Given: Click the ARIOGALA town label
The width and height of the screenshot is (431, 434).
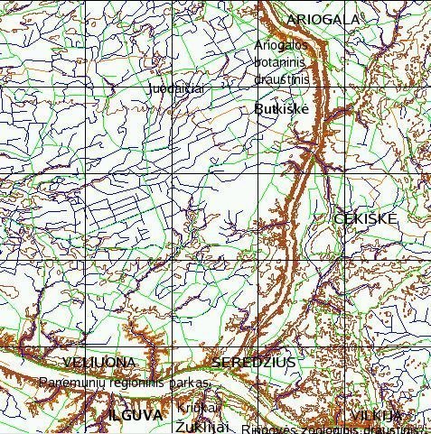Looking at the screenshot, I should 323,19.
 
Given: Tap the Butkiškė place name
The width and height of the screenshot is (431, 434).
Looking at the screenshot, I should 282,108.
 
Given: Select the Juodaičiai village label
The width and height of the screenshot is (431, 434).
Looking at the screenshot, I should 177,89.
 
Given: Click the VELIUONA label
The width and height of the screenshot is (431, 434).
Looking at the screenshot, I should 100,363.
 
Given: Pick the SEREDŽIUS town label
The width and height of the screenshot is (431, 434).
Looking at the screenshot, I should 254,363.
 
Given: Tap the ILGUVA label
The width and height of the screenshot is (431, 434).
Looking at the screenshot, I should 135,415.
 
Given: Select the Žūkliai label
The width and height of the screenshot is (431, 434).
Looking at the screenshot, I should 203,426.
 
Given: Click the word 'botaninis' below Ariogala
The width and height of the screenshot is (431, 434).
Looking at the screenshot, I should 282,62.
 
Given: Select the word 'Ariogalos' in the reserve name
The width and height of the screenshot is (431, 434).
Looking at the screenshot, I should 282,45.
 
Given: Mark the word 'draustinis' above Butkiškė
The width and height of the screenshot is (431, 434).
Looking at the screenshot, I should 282,79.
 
